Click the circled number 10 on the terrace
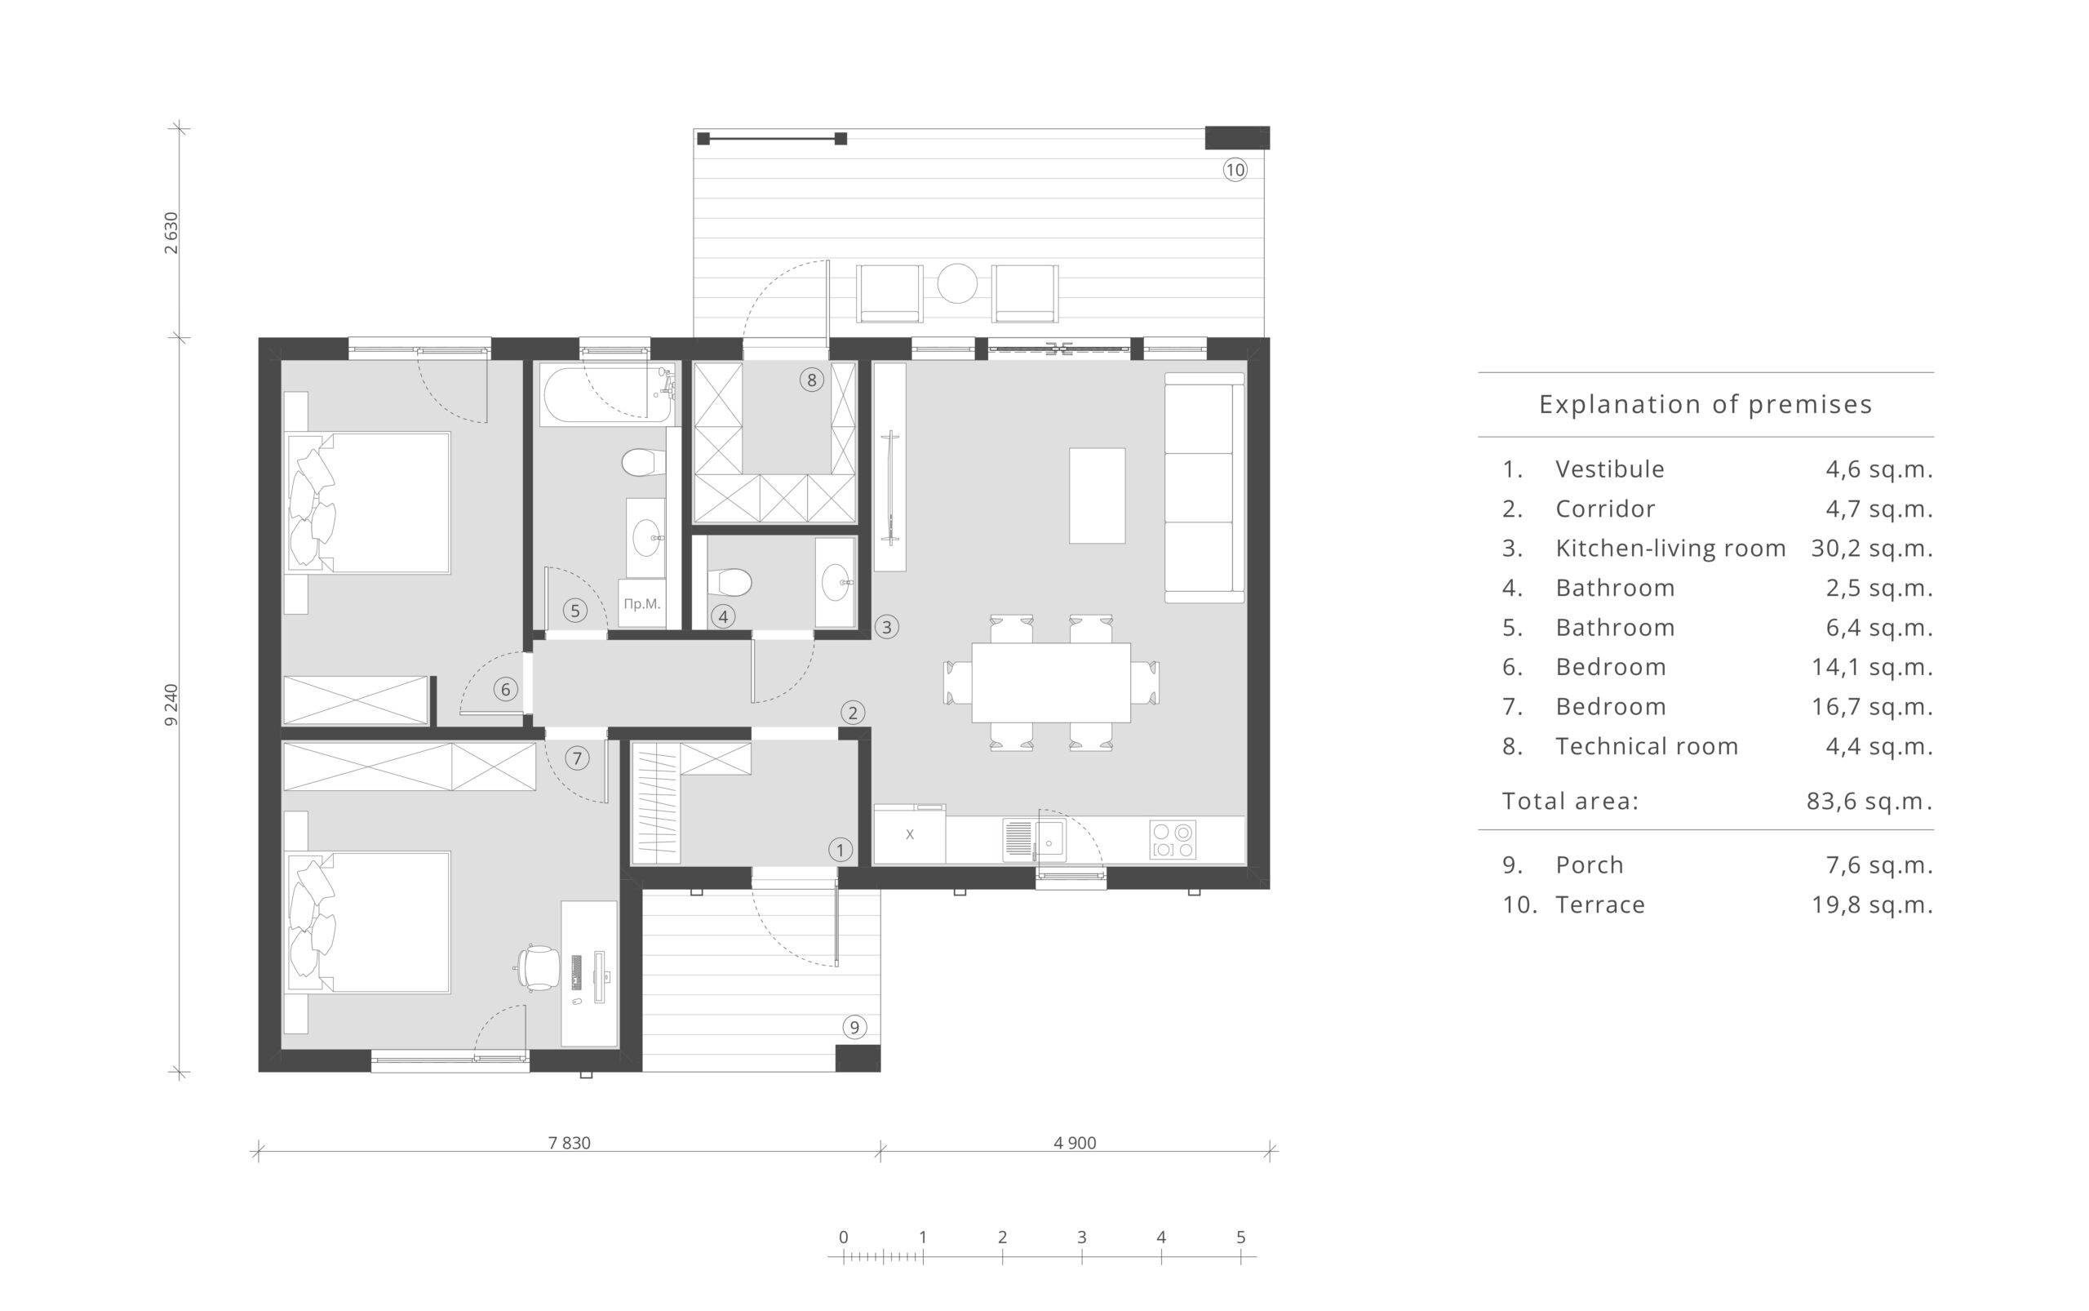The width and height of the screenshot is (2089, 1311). tap(1235, 170)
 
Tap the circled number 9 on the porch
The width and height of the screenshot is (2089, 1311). tap(854, 1028)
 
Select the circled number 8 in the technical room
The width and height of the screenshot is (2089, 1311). tap(811, 380)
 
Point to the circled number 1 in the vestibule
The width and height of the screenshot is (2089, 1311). tap(839, 850)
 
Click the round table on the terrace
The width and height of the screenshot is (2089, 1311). tap(957, 283)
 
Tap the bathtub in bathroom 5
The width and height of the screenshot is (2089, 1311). tap(607, 394)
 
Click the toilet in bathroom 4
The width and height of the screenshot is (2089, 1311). tap(728, 583)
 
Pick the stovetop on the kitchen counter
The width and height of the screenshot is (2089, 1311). tap(1173, 839)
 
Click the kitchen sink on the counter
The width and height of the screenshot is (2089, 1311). tap(1034, 839)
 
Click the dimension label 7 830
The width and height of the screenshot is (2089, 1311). tap(570, 1143)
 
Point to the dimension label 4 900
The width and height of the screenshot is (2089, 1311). tap(1075, 1143)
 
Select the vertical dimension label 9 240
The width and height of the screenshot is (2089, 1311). tap(171, 705)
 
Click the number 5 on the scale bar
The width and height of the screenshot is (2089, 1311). tap(1240, 1238)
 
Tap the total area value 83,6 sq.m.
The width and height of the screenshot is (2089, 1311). tap(1869, 801)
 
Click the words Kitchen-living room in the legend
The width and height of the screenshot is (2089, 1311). tap(1670, 548)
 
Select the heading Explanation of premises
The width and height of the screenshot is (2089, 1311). tap(1705, 404)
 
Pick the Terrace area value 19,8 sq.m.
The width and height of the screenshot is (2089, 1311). tap(1872, 905)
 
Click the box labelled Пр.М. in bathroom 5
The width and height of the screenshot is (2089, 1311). tap(642, 603)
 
